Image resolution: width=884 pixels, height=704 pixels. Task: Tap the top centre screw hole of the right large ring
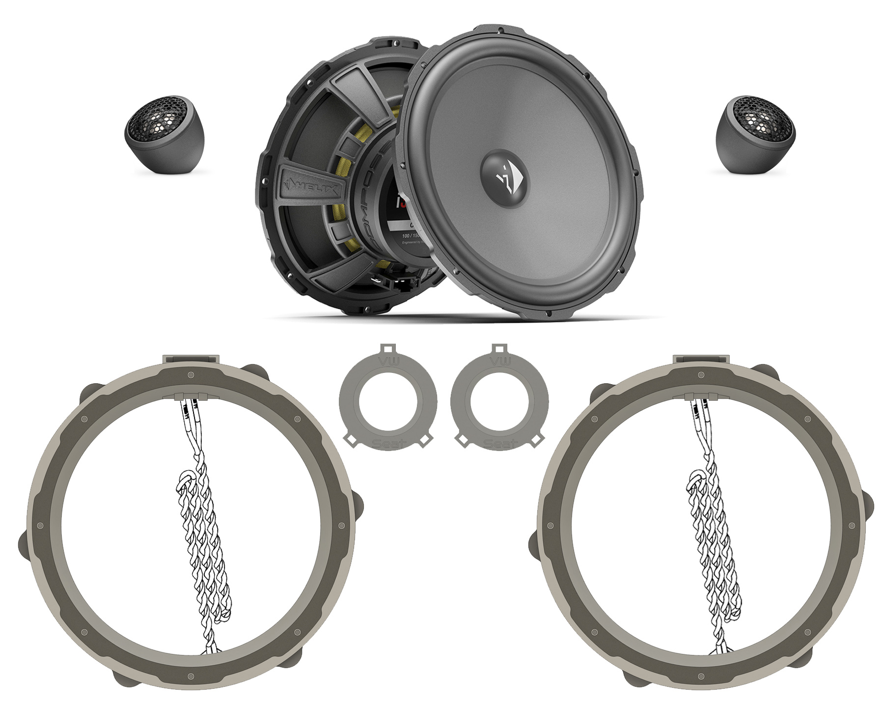click(x=701, y=375)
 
